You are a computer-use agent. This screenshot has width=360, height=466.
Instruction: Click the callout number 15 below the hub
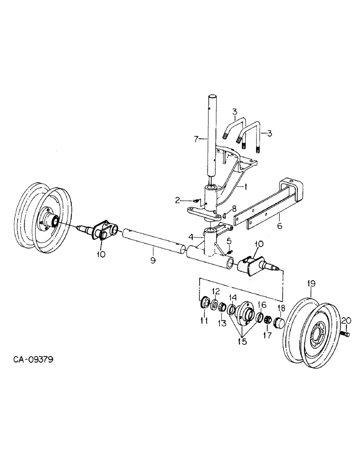pos(242,342)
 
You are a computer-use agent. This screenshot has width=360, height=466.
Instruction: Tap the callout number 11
pos(203,321)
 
